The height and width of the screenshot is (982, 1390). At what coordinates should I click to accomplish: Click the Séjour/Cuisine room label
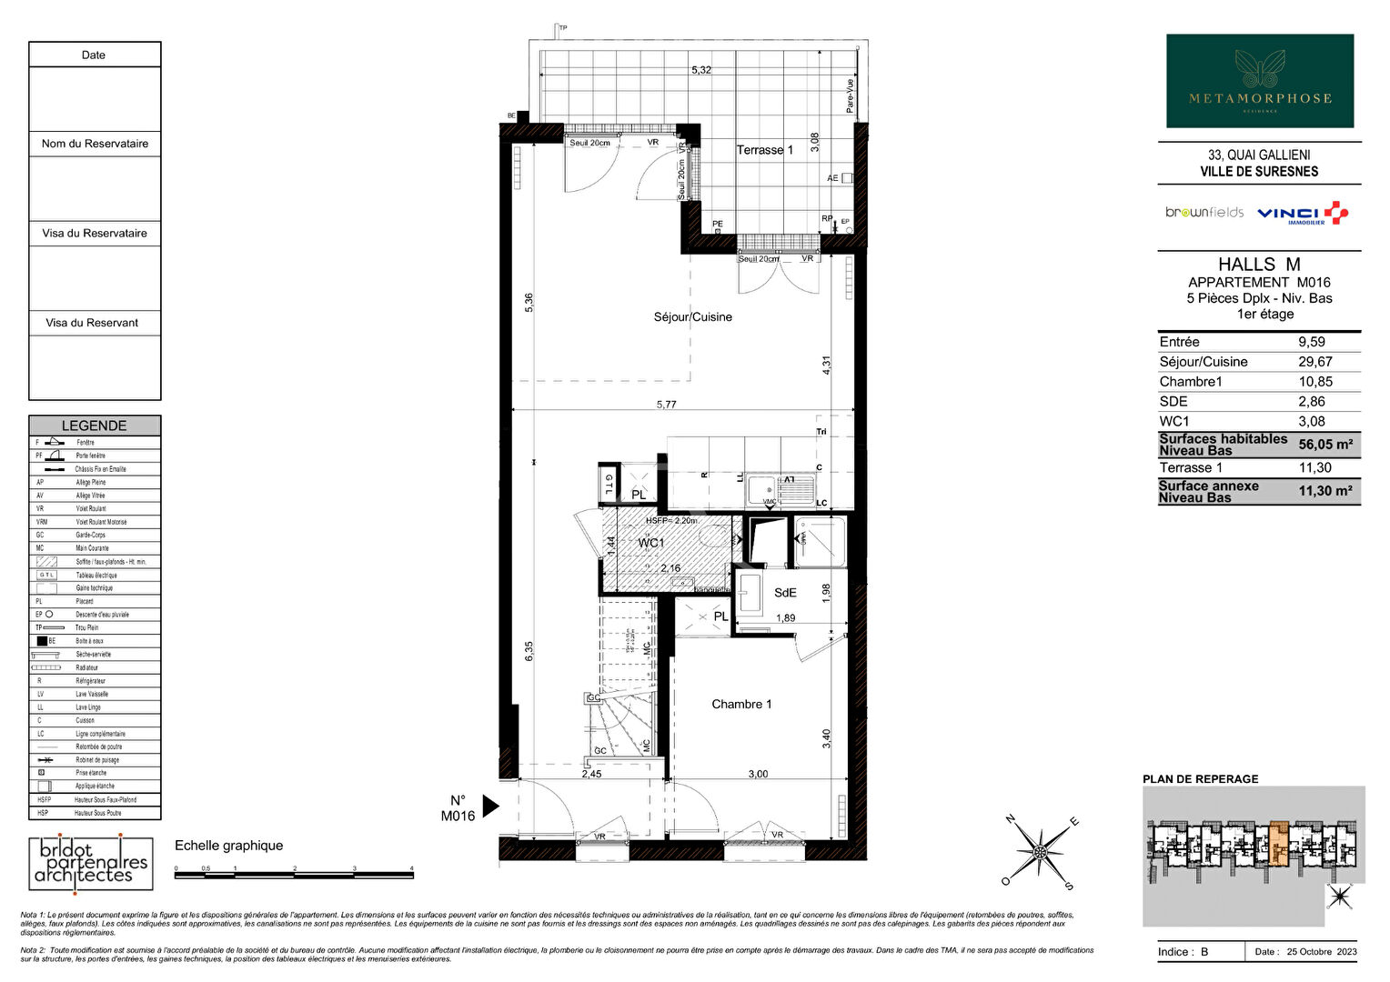(x=692, y=317)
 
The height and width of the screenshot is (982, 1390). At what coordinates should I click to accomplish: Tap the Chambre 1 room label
(x=741, y=704)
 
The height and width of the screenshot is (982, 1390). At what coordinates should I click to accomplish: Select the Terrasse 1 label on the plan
(x=764, y=150)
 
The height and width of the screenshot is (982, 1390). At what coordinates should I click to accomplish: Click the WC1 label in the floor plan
(x=650, y=543)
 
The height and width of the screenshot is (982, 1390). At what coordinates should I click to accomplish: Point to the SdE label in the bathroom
(x=785, y=593)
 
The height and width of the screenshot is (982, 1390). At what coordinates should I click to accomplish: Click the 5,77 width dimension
(x=667, y=405)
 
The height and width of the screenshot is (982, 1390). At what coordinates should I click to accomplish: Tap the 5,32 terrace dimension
(x=700, y=70)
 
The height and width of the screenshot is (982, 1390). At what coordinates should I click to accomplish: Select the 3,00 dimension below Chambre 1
(x=758, y=774)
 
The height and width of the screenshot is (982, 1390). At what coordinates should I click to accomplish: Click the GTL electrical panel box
(x=609, y=485)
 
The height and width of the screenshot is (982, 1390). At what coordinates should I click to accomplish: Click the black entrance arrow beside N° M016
(x=490, y=806)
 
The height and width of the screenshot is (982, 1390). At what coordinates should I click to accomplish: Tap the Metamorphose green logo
(x=1260, y=81)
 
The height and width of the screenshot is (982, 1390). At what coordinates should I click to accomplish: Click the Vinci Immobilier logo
(x=1302, y=214)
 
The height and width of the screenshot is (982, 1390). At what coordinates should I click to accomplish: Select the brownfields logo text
(x=1204, y=213)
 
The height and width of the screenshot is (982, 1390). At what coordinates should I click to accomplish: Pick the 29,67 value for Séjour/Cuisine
(x=1314, y=362)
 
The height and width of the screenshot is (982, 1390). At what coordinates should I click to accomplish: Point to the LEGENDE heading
(x=95, y=426)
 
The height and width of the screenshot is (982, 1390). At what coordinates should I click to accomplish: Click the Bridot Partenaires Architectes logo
(x=88, y=862)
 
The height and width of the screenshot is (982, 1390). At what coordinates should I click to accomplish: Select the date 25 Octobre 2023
(x=1321, y=952)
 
